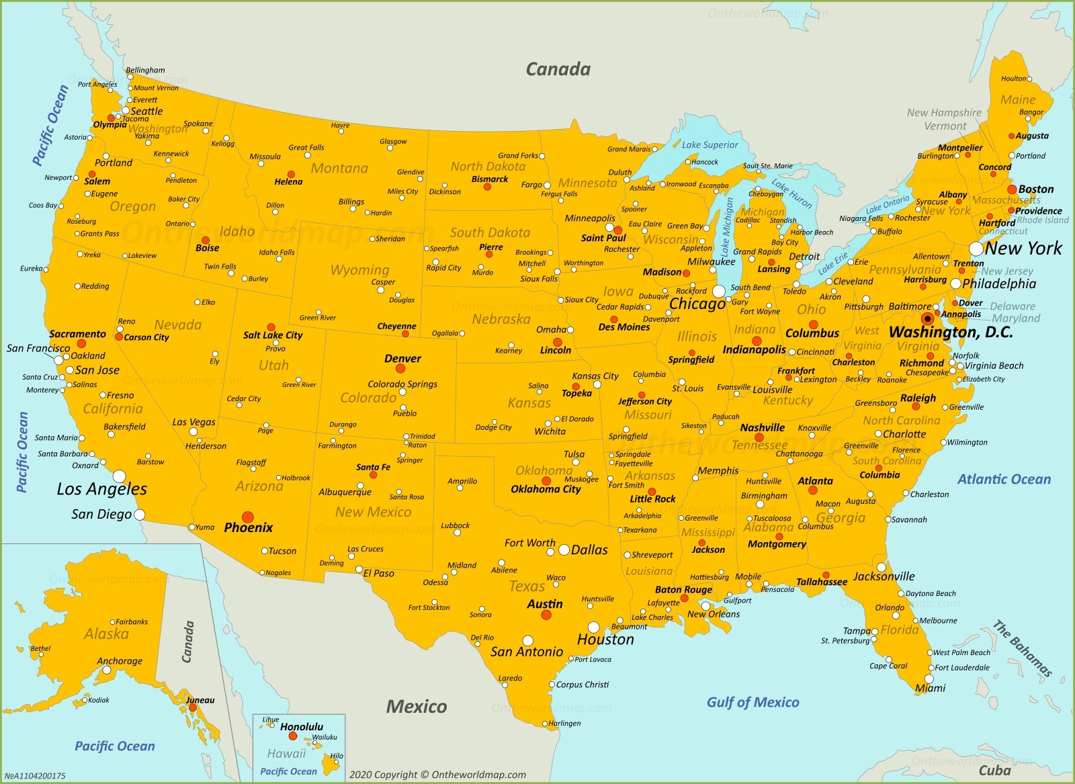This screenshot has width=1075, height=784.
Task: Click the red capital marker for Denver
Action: click(x=400, y=368)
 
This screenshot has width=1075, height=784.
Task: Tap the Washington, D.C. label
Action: click(x=950, y=332)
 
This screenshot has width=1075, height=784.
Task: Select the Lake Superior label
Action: click(x=709, y=144)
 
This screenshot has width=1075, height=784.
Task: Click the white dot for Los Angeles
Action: click(x=120, y=476)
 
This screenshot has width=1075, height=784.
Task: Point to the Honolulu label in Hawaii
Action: click(x=302, y=727)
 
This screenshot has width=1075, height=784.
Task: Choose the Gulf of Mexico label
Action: click(x=752, y=702)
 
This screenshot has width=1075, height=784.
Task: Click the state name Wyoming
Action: click(x=359, y=270)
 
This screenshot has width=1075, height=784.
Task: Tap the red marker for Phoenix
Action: click(x=248, y=517)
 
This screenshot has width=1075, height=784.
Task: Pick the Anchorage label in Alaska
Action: click(x=120, y=661)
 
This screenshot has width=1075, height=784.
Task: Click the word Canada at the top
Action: click(x=558, y=69)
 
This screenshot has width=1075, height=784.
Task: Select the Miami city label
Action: click(x=931, y=688)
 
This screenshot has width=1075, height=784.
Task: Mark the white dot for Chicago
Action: click(x=719, y=291)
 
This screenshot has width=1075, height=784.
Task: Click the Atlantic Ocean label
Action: click(x=1004, y=479)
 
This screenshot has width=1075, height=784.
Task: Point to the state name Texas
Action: click(x=527, y=586)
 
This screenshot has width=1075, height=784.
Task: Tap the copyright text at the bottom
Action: click(x=437, y=775)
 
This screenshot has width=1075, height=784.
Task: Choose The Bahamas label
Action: click(x=1022, y=648)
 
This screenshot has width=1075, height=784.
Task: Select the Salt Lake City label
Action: click(x=273, y=335)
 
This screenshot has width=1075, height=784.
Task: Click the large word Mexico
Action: click(x=417, y=706)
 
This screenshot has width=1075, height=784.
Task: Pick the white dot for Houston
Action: click(x=594, y=627)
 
